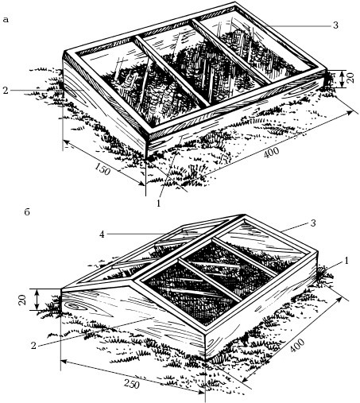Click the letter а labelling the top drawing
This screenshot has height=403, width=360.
pos(6,20)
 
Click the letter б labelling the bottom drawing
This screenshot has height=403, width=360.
pos(27,212)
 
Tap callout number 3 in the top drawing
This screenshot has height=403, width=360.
pos(335,25)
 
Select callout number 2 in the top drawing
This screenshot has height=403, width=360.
pos(6,91)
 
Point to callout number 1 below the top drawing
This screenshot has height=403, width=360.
pos(158,203)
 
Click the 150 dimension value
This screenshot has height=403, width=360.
pos(103,169)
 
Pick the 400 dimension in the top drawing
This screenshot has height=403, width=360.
pos(271,153)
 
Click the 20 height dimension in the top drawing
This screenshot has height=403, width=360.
pos(350,79)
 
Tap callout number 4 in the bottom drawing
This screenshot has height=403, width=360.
pos(102,234)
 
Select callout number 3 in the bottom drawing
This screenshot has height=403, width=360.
pos(313,223)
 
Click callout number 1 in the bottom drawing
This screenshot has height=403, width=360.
pos(346,261)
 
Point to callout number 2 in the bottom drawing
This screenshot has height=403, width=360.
pos(33,346)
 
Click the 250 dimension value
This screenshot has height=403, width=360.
pos(132,384)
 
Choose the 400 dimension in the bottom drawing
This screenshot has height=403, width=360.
pos(297,345)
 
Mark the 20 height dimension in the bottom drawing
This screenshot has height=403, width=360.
pos(23,300)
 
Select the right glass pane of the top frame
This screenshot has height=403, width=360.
pos(256,45)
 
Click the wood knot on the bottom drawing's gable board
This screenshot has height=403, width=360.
pos(74,306)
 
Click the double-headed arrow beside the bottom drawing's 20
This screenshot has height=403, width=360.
pos(37,300)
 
